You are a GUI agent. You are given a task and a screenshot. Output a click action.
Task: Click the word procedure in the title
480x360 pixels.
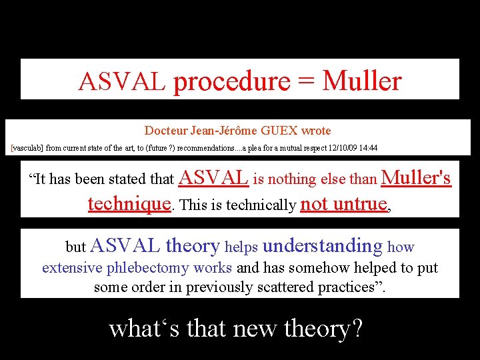point(231,81)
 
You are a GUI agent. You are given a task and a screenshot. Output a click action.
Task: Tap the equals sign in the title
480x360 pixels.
point(306,81)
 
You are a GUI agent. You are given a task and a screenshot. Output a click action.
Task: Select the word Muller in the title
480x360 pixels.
point(362,81)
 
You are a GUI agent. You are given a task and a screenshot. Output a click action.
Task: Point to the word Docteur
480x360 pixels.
point(165,131)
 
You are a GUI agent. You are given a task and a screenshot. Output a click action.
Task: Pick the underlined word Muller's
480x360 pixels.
point(416,177)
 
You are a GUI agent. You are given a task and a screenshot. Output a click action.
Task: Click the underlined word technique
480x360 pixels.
point(129,203)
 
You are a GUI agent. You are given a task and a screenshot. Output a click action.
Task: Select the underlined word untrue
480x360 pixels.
point(362,203)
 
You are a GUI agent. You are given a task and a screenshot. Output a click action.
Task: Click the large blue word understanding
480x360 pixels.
point(323,246)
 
